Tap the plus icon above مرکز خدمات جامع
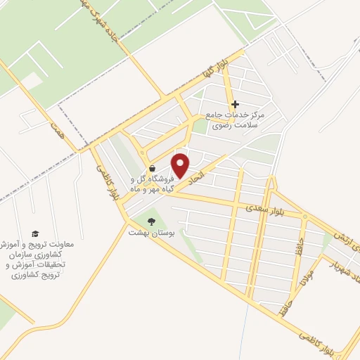tap(235, 103)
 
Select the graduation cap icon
tap(36, 234)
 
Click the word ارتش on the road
tap(349, 238)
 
